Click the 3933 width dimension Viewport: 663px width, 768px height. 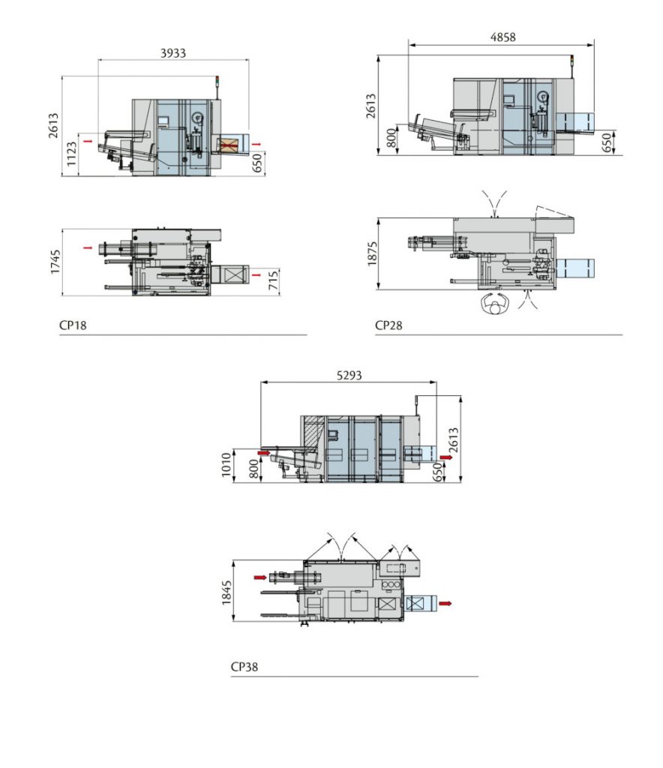click(x=172, y=53)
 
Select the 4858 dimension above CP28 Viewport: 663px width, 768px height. click(x=502, y=37)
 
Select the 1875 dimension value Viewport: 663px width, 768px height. click(x=373, y=253)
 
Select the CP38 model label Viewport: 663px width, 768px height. click(x=244, y=666)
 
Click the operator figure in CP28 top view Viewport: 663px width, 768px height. click(x=493, y=304)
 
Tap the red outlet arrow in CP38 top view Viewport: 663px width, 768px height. click(x=447, y=602)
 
